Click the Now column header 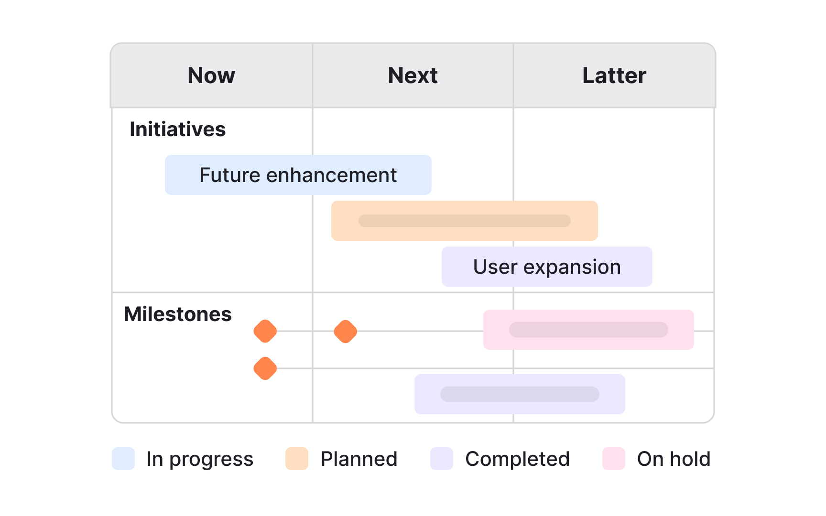[x=211, y=75]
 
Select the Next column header [x=413, y=75]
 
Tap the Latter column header [x=614, y=75]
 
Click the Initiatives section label [x=177, y=129]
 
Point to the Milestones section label [x=177, y=314]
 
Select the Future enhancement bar [x=298, y=175]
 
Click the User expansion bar [x=547, y=267]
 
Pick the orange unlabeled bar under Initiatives [x=464, y=221]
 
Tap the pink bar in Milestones [x=588, y=330]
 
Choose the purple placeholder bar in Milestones [x=520, y=394]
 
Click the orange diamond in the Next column [x=346, y=332]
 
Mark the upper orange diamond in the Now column [x=265, y=332]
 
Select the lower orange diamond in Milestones [x=265, y=368]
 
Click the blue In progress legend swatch [x=123, y=459]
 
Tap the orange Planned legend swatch [x=297, y=459]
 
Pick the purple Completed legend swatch [x=442, y=459]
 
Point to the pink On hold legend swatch [x=614, y=459]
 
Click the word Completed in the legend [x=517, y=459]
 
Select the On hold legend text [x=674, y=459]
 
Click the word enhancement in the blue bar [x=331, y=175]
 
